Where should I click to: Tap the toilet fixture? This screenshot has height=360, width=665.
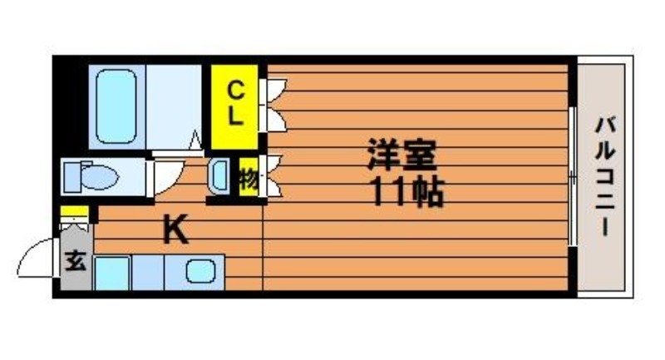[x=91, y=176]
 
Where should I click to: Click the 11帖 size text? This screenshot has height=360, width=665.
[x=406, y=193]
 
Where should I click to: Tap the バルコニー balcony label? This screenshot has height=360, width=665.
[x=604, y=177]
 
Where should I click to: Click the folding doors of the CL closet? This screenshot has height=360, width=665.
[x=273, y=105]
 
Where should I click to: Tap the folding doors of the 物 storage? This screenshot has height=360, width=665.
[x=273, y=177]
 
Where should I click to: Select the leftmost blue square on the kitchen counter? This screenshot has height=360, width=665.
[x=111, y=273]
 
